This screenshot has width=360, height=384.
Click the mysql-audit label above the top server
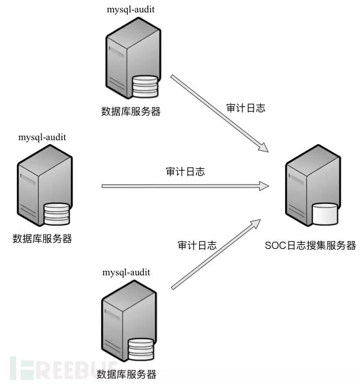131,9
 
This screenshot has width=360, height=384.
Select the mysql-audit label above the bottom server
127,272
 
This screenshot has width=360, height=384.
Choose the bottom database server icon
128,322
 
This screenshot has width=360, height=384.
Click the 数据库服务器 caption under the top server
131,111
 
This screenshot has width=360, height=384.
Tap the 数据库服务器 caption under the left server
43,238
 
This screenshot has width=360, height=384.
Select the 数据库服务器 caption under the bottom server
127,374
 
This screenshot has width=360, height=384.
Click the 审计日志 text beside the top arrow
245,108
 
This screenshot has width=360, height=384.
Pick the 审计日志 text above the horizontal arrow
185,172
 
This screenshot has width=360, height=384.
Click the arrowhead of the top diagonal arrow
262,148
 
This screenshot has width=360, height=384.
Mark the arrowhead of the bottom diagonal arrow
255,224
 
